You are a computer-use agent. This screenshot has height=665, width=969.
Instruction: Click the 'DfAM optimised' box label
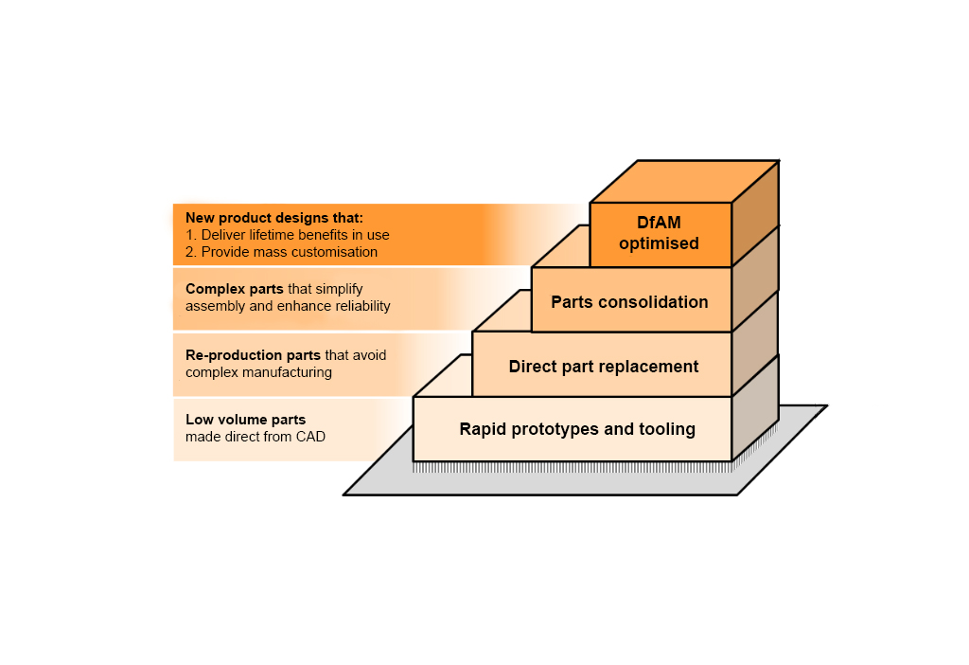pyautogui.click(x=660, y=234)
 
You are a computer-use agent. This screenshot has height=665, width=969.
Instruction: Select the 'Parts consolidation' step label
pyautogui.click(x=629, y=302)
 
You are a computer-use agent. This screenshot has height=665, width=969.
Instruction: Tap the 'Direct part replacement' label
pyautogui.click(x=604, y=367)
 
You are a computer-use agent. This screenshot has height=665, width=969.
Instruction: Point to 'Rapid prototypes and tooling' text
pyautogui.click(x=577, y=429)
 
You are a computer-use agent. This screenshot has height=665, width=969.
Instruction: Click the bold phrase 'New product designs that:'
pyautogui.click(x=268, y=218)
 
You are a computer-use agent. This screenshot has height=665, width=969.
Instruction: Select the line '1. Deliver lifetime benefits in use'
pyautogui.click(x=288, y=235)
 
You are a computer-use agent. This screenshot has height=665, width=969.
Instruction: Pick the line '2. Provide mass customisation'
pyautogui.click(x=282, y=252)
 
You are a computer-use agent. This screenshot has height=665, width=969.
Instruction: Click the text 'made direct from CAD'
pyautogui.click(x=255, y=437)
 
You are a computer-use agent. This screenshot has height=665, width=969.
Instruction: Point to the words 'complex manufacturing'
pyautogui.click(x=258, y=372)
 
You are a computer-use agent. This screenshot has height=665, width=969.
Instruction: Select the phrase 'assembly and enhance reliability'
pyautogui.click(x=288, y=306)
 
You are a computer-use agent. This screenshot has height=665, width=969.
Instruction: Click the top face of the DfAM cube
pyautogui.click(x=684, y=182)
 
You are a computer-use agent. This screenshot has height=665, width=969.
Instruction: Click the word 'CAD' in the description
pyautogui.click(x=309, y=437)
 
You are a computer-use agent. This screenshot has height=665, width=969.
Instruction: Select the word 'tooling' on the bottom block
pyautogui.click(x=668, y=429)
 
